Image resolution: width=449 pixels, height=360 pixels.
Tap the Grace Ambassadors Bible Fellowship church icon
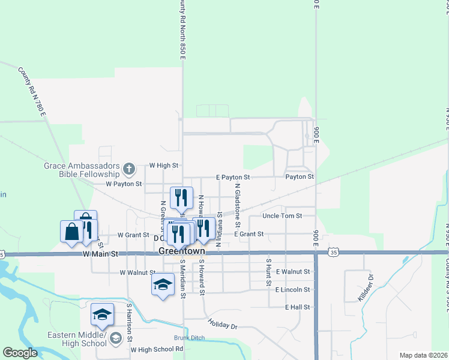[128, 168]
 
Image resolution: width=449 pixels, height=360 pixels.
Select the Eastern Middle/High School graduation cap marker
[102, 314]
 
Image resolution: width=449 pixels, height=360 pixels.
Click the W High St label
[164, 165]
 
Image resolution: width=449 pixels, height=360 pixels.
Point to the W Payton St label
[124, 184]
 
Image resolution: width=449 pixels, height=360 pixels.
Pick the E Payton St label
[233, 178]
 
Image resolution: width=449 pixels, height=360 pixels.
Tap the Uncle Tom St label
[282, 216]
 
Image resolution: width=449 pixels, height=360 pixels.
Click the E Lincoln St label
[292, 290]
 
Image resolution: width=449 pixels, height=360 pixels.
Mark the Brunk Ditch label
[186, 337]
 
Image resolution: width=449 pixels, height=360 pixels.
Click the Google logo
[20, 353]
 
